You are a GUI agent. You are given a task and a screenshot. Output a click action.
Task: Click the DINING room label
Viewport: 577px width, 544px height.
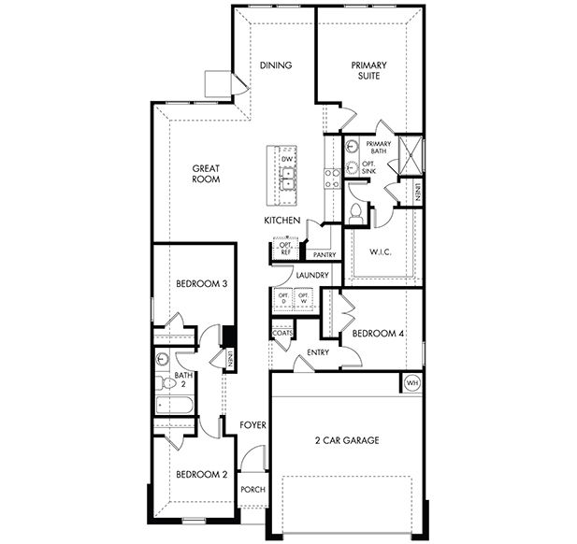(x=276, y=65)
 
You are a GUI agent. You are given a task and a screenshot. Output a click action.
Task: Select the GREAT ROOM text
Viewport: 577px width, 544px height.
(x=206, y=174)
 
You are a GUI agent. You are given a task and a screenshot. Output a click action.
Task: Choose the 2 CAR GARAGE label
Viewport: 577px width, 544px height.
(x=346, y=440)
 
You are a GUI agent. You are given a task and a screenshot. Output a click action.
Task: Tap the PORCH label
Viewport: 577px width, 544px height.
(x=252, y=490)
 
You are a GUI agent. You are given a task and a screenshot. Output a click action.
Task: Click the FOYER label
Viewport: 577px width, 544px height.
(x=253, y=425)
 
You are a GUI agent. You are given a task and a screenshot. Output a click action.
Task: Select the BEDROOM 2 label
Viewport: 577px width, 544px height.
(x=201, y=474)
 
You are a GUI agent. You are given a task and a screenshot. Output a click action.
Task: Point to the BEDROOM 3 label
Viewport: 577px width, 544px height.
(x=202, y=284)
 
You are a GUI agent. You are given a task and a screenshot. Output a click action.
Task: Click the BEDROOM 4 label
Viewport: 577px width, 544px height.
(x=377, y=333)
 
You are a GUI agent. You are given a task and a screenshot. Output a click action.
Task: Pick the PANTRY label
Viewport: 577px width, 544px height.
(x=325, y=254)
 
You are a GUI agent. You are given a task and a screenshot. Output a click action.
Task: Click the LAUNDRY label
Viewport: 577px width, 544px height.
(x=311, y=275)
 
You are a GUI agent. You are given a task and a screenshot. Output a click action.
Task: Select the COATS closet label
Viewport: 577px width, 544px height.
(x=282, y=333)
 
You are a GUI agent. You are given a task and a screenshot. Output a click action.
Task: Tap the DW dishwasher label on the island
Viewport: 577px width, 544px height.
(x=286, y=160)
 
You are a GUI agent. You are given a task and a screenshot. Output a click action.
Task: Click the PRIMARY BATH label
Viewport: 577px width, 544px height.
(x=378, y=148)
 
